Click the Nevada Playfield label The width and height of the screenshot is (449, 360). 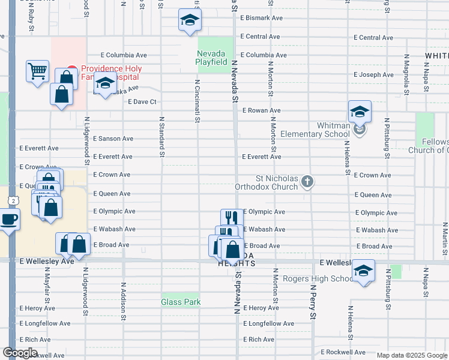(x=212, y=58)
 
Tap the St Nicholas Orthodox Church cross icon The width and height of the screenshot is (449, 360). (x=307, y=182)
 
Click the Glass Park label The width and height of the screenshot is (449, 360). (x=181, y=302)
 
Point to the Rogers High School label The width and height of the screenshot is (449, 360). (x=318, y=278)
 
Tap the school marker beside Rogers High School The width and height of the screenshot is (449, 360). (x=363, y=271)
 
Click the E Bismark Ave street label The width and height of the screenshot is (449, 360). (x=261, y=18)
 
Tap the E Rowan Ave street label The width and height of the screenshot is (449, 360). (x=261, y=110)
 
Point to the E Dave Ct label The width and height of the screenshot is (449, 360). (x=142, y=102)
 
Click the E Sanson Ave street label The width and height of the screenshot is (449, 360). (x=113, y=139)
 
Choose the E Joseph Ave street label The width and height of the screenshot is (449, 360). (x=373, y=75)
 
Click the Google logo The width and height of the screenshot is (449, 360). (x=20, y=353)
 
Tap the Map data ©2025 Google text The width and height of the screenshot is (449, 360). (x=412, y=355)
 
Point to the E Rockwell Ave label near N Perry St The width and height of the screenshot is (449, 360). (x=343, y=352)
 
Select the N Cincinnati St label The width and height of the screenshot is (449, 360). (x=196, y=100)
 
